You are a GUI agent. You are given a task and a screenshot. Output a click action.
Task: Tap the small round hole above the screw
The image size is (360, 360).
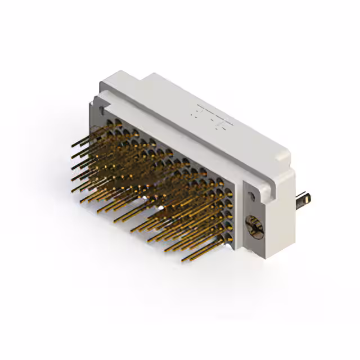(251, 193)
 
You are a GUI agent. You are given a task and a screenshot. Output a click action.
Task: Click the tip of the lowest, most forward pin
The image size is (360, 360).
(184, 260)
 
